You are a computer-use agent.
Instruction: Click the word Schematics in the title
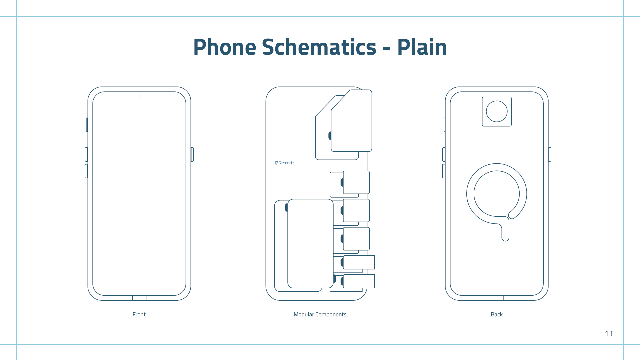[x=319, y=47]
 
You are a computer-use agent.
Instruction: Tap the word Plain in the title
[x=422, y=47]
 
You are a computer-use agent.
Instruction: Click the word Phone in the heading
[x=225, y=47]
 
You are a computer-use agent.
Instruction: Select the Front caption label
[x=139, y=314]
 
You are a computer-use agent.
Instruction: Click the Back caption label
[x=496, y=314]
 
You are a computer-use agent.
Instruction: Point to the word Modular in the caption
[x=304, y=314]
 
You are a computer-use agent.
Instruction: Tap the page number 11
[x=609, y=334]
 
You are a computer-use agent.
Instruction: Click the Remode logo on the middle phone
[x=285, y=163]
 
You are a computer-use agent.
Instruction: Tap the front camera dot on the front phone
[x=139, y=96]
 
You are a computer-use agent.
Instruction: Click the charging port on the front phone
[x=139, y=298]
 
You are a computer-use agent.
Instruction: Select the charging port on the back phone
[x=497, y=298]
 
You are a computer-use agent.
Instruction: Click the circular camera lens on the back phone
[x=497, y=111]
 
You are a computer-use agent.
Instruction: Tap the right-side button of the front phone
[x=192, y=154]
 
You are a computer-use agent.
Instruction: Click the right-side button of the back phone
[x=550, y=154]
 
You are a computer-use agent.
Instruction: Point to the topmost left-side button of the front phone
[x=87, y=124]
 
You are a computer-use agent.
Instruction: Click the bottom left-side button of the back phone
[x=444, y=171]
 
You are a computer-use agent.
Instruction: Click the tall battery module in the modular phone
[x=310, y=243]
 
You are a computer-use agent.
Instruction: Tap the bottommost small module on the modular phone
[x=359, y=281]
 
